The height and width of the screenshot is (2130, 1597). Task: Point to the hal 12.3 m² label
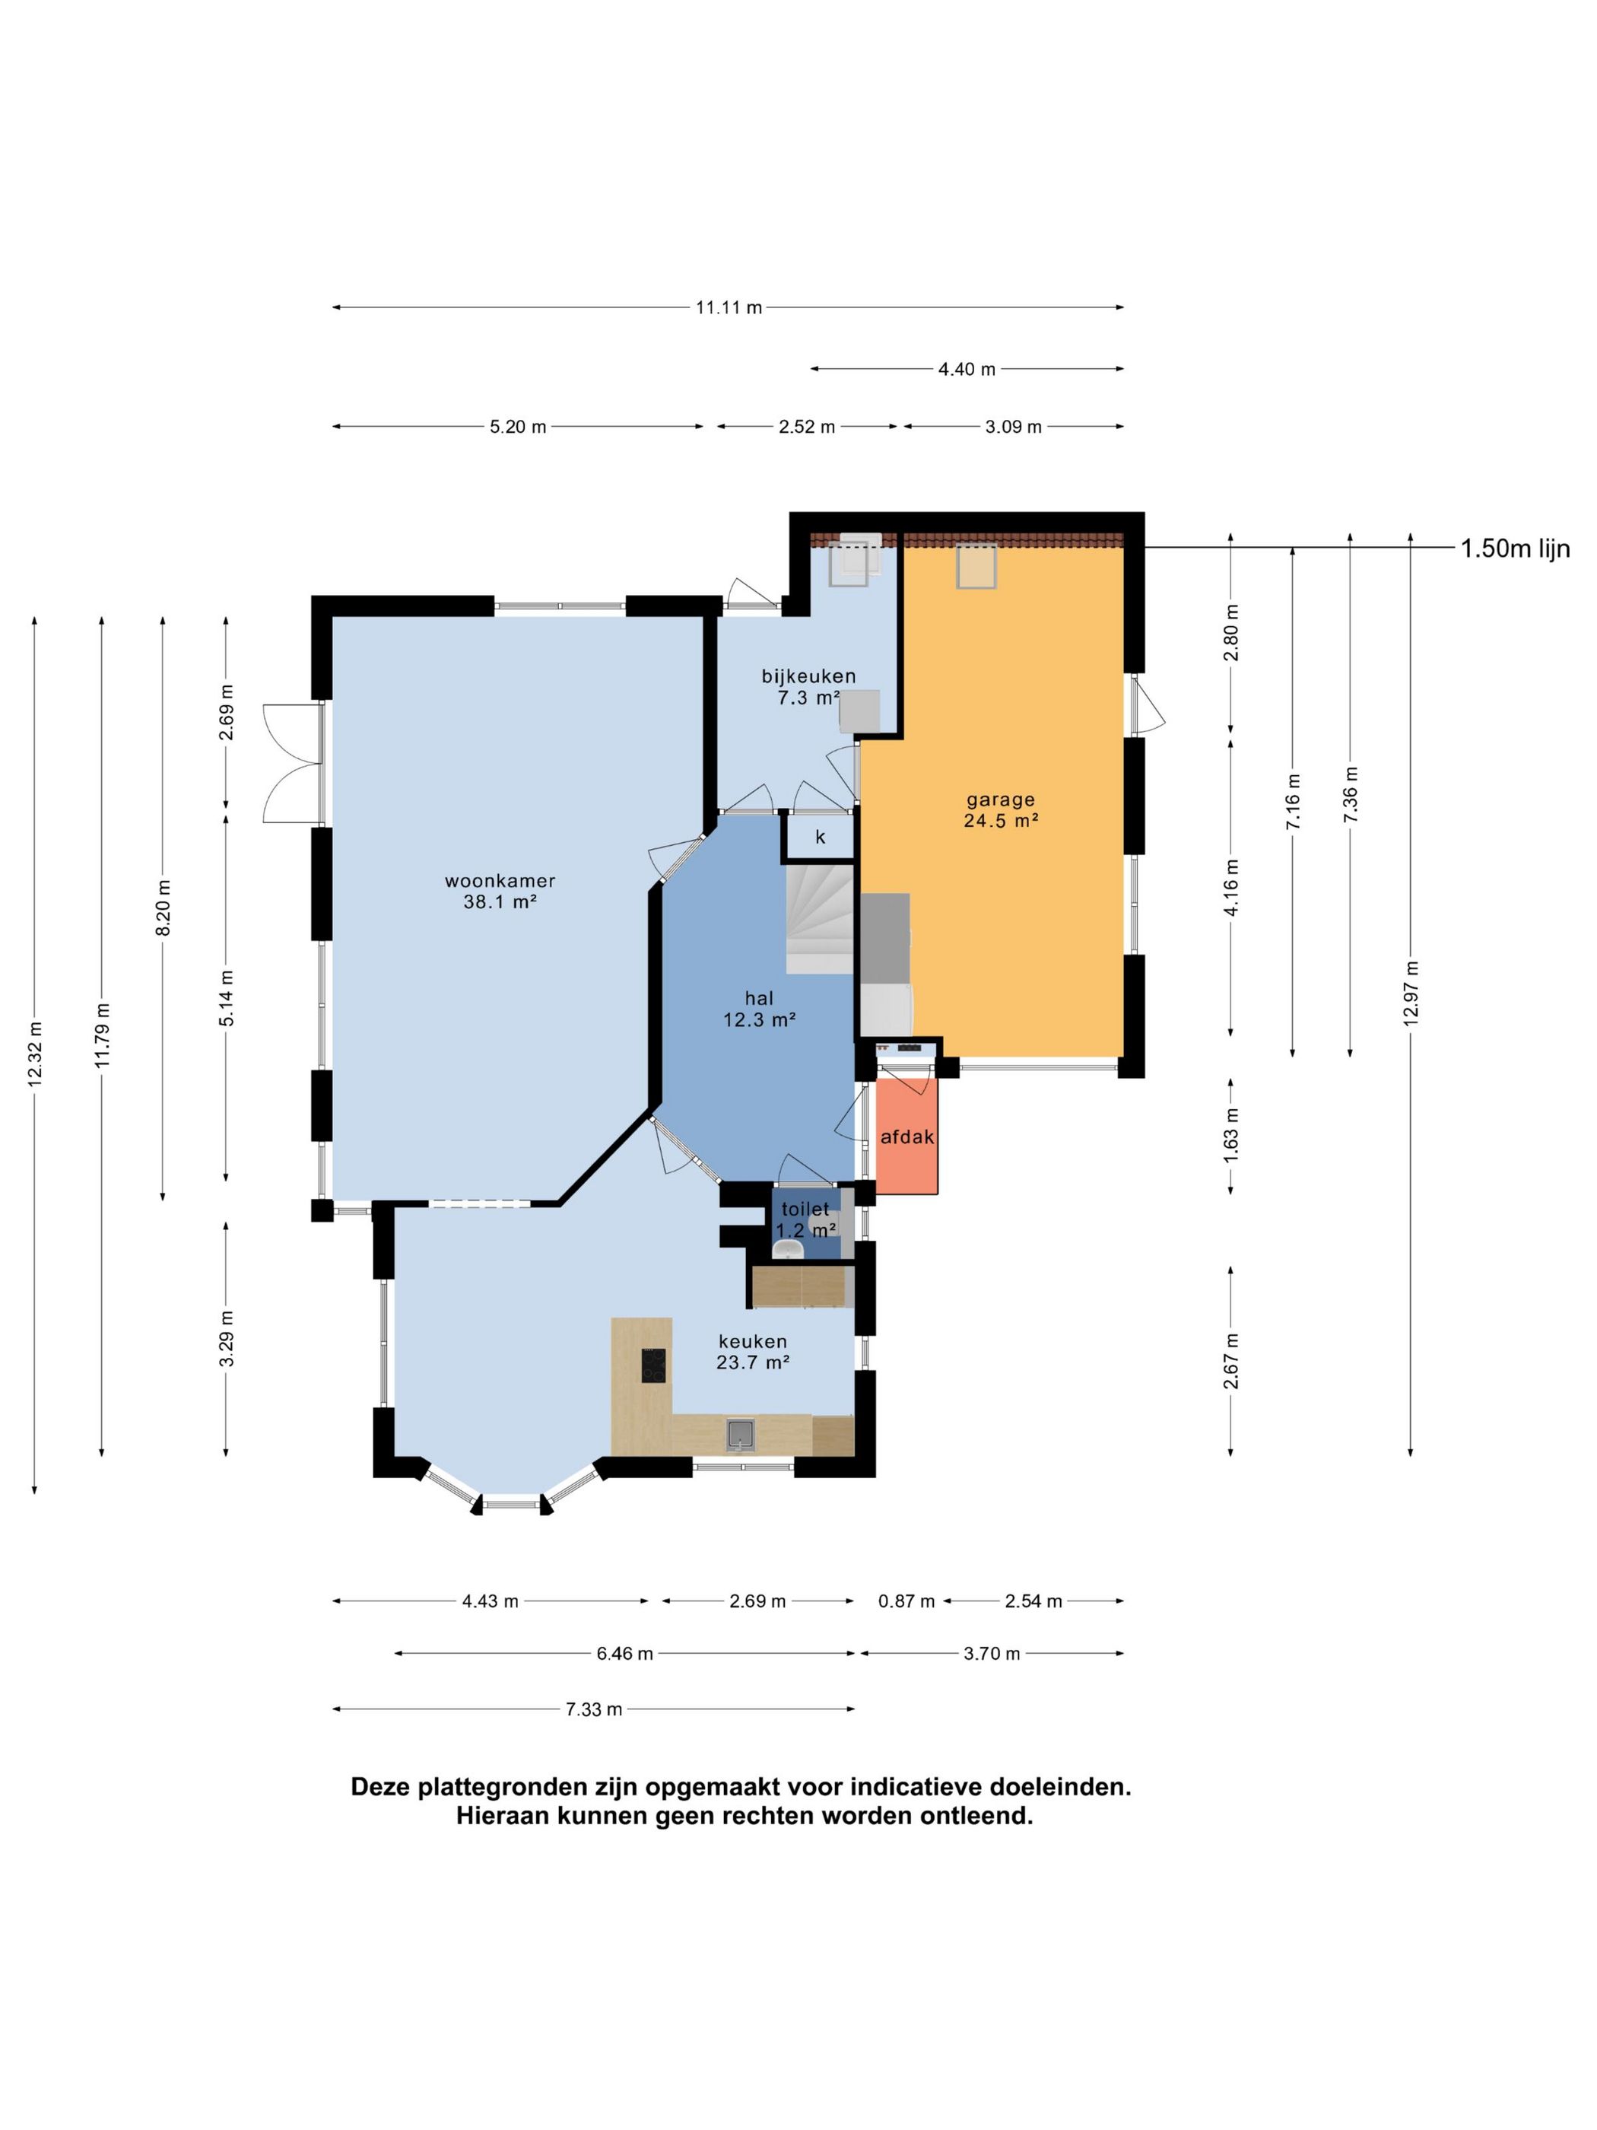coord(760,1008)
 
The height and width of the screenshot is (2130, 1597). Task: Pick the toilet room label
coord(805,1210)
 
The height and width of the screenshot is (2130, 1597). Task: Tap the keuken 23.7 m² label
coord(753,1351)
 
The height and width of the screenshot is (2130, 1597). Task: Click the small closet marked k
coord(820,836)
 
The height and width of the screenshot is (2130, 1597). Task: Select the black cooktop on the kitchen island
coord(653,1365)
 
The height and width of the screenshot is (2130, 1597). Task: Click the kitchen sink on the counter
coord(740,1435)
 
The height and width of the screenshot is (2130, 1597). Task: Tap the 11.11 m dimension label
coord(729,307)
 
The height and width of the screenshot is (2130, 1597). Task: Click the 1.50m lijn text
coord(1515,549)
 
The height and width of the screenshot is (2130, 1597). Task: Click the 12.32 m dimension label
coord(36,1054)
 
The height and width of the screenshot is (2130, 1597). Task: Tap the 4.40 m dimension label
coord(967,369)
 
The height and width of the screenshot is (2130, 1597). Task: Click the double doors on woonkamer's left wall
coord(293,763)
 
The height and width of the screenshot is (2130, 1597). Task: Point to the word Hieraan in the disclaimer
coord(504,1816)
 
